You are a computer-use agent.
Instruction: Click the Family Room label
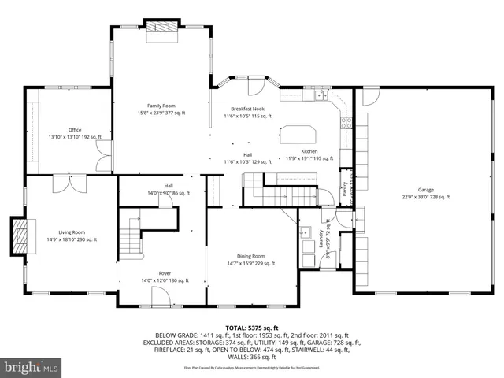161,109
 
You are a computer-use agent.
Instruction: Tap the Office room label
75,133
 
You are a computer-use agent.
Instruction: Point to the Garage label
425,193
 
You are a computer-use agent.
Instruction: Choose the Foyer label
165,276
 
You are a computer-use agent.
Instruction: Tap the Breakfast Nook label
247,112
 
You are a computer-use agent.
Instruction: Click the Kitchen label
309,154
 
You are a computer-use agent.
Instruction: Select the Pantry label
343,190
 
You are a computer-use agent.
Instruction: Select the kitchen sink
321,96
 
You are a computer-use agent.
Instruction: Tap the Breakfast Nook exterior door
256,86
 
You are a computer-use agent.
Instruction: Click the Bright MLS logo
31,366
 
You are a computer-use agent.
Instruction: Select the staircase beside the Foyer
132,235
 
